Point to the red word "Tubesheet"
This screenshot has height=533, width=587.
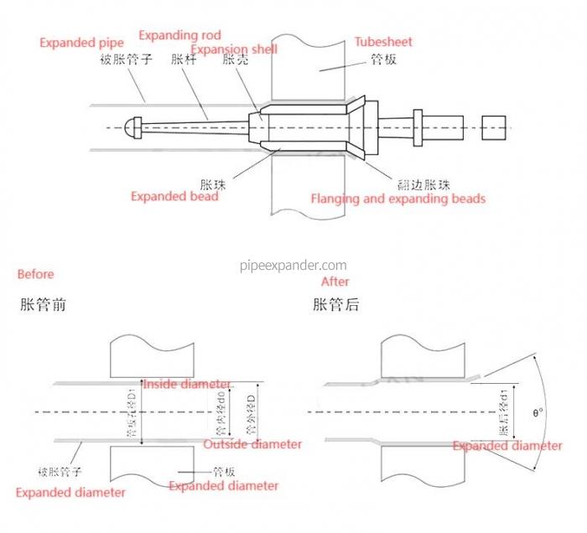[x=383, y=41]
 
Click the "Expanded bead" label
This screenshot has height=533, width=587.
[x=174, y=196]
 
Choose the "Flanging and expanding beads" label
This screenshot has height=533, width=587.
[x=398, y=199]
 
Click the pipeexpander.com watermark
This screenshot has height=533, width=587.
[x=293, y=265]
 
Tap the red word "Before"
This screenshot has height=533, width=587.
[x=35, y=274]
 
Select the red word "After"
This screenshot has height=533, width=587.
[x=335, y=282]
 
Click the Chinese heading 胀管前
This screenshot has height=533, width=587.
[x=43, y=305]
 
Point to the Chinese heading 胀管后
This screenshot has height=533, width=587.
[x=336, y=305]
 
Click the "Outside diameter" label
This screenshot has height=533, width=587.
[x=252, y=444]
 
